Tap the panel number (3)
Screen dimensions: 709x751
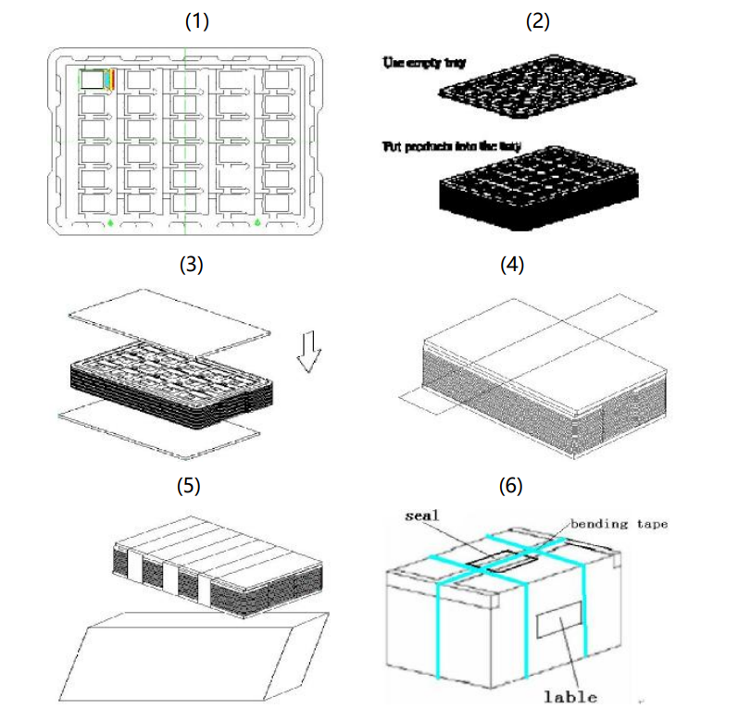(190, 265)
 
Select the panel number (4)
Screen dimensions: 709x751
(511, 265)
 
